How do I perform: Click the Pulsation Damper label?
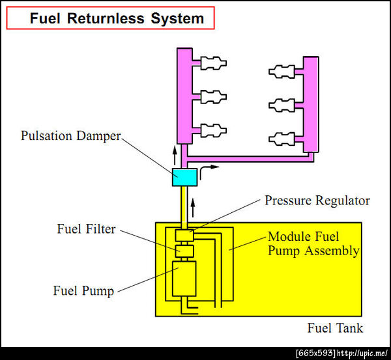(x=71, y=137)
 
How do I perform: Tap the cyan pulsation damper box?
(x=184, y=176)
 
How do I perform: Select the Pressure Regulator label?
(x=317, y=201)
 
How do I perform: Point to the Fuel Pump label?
(x=83, y=290)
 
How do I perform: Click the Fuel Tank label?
(x=335, y=327)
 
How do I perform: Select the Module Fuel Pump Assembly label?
(x=313, y=243)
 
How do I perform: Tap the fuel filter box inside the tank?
(x=184, y=251)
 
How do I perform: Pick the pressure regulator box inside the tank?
(x=184, y=234)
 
